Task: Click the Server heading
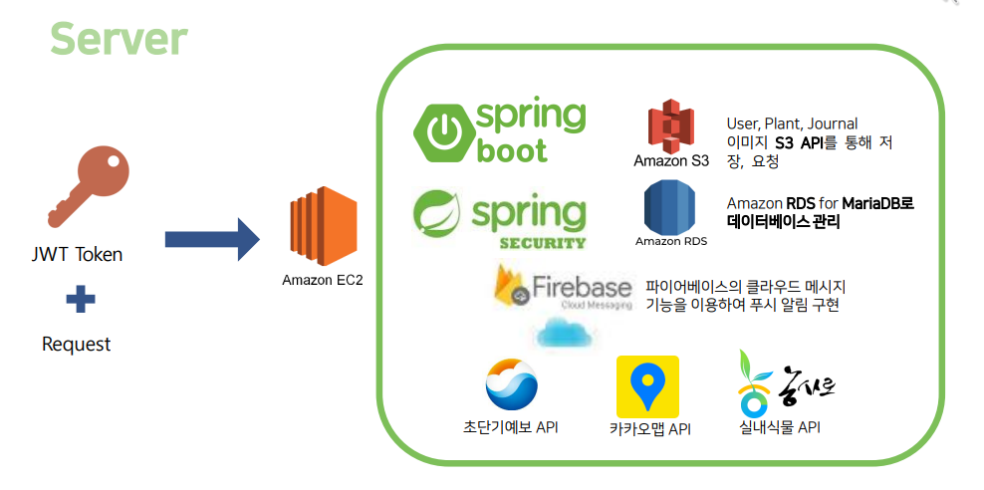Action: pyautogui.click(x=119, y=39)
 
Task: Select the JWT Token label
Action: pyautogui.click(x=77, y=254)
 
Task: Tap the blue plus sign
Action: pyautogui.click(x=77, y=299)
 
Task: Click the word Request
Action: pyautogui.click(x=77, y=345)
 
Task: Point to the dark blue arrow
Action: pyautogui.click(x=211, y=239)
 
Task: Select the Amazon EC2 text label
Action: pyautogui.click(x=323, y=280)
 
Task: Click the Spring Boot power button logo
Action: pyautogui.click(x=442, y=132)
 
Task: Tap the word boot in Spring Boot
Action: pyautogui.click(x=512, y=151)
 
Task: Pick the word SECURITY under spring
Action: pyautogui.click(x=544, y=242)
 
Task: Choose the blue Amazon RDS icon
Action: pyautogui.click(x=670, y=205)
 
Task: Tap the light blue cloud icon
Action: pyautogui.click(x=565, y=334)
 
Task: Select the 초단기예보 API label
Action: pyautogui.click(x=510, y=427)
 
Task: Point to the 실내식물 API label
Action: pyautogui.click(x=780, y=427)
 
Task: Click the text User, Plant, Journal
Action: pyautogui.click(x=792, y=123)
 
